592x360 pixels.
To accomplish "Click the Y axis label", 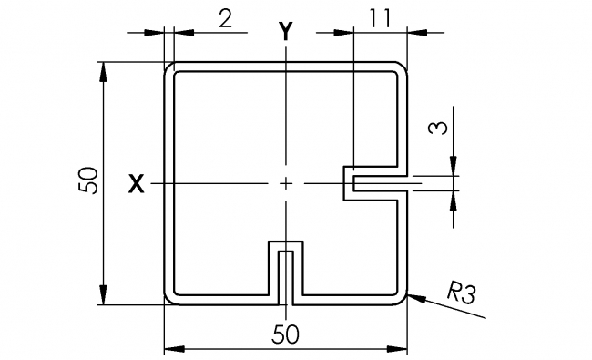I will pyautogui.click(x=286, y=31).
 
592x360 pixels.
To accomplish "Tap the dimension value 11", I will pyautogui.click(x=383, y=16).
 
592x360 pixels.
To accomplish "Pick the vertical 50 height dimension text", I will pyautogui.click(x=88, y=181).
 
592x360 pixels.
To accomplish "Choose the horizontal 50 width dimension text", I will pyautogui.click(x=284, y=334).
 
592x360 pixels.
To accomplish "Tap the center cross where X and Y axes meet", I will pyautogui.click(x=286, y=184).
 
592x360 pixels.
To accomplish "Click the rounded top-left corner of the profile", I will pyautogui.click(x=168, y=67).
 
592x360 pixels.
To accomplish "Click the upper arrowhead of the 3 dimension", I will pyautogui.click(x=453, y=169).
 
